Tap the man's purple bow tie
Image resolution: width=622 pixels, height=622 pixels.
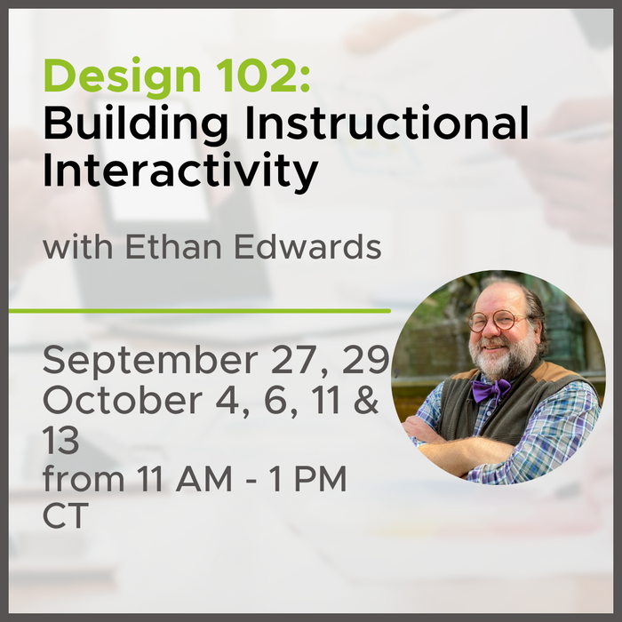491,389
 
